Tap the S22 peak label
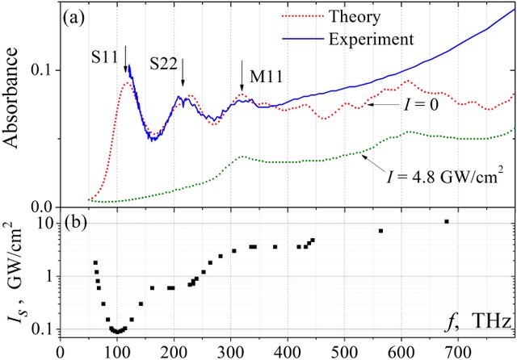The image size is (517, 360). [166, 62]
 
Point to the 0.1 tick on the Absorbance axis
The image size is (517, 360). [40, 69]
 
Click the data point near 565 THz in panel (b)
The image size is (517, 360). [380, 231]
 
